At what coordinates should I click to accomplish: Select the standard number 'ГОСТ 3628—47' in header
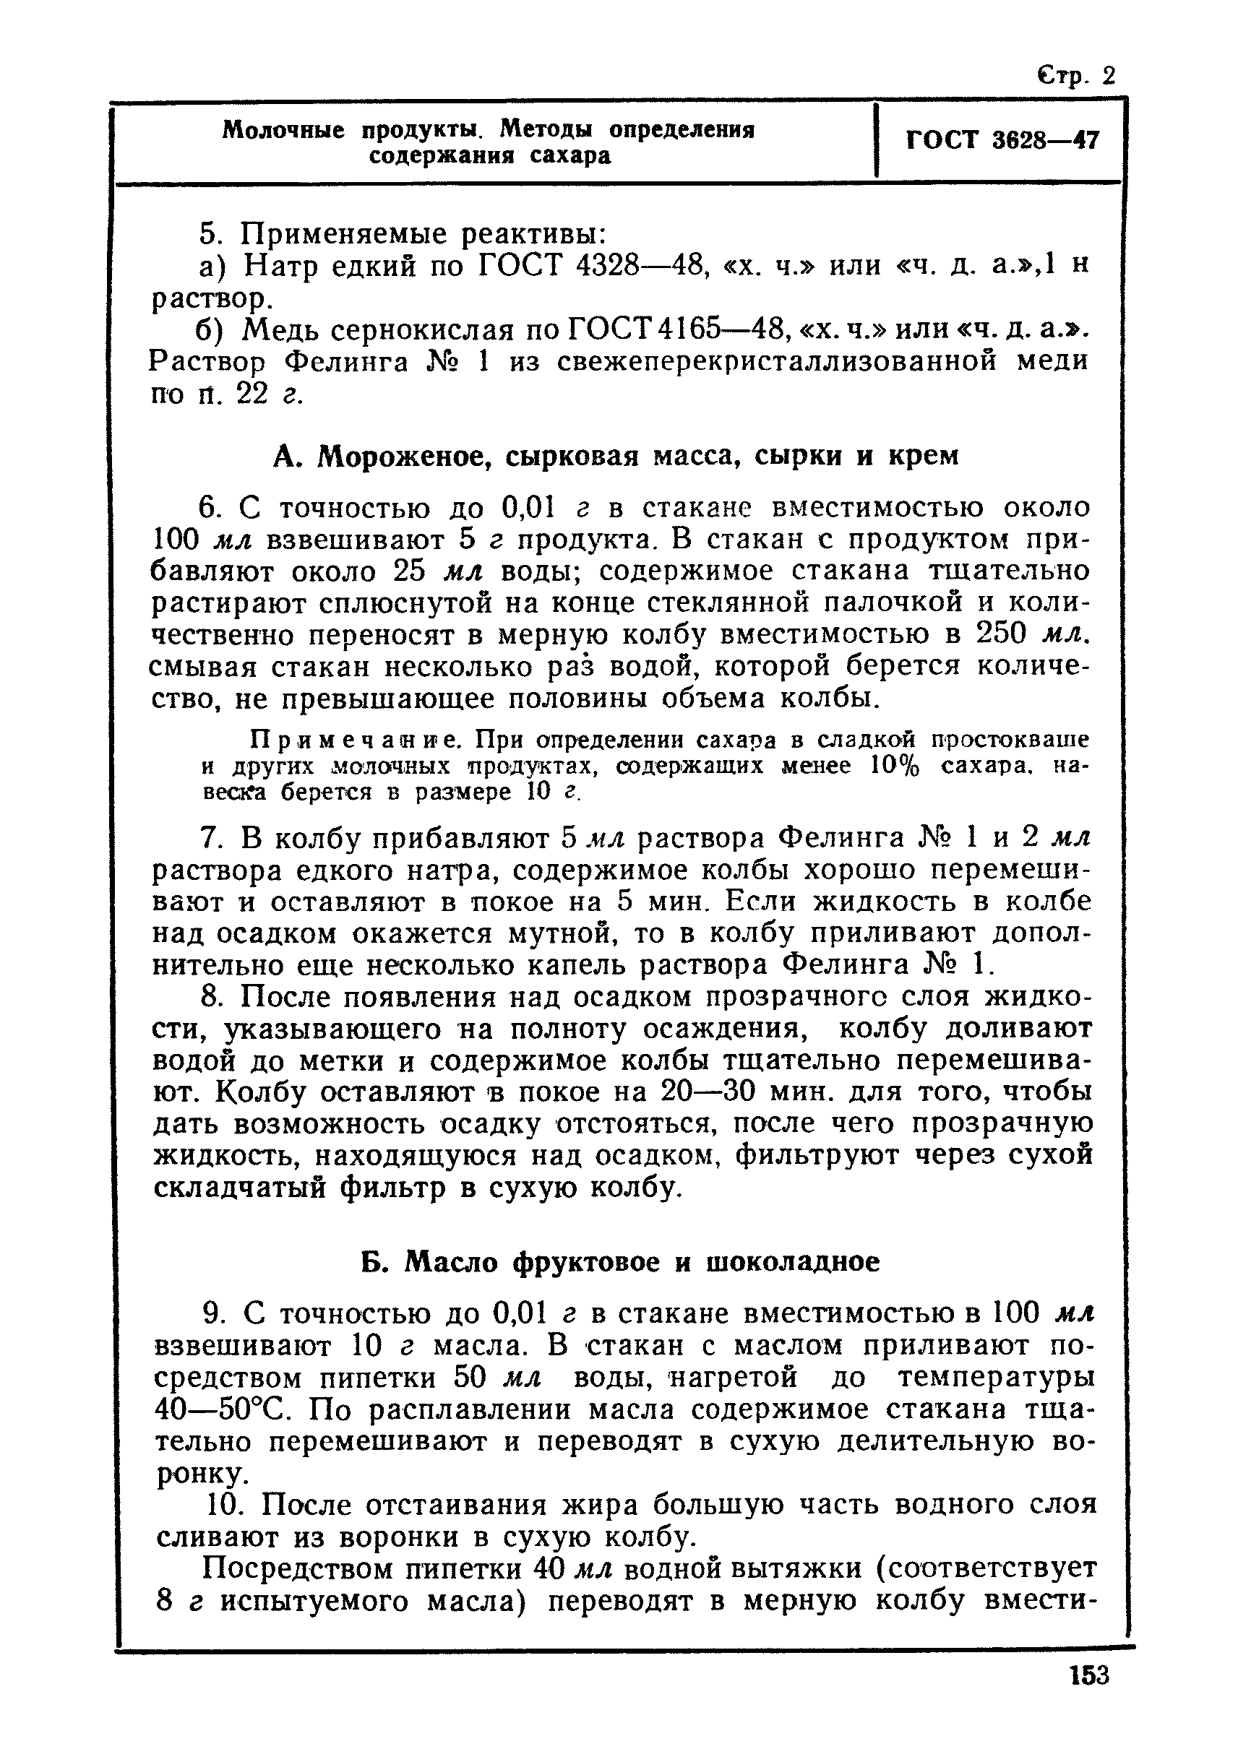pyautogui.click(x=1002, y=141)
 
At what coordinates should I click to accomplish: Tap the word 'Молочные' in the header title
pyautogui.click(x=283, y=130)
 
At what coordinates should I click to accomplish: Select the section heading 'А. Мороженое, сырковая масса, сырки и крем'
pyautogui.click(x=615, y=456)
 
